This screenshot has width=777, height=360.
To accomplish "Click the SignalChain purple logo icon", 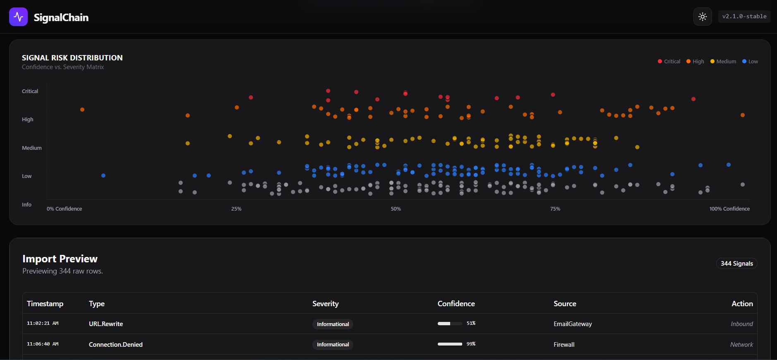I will (18, 17).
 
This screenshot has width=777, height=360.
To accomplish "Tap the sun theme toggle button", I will (703, 17).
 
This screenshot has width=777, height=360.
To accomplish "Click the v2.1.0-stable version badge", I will (744, 17).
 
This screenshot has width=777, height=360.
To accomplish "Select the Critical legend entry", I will (669, 62).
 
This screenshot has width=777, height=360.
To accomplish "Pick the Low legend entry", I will (750, 62).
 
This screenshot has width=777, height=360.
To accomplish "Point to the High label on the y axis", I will (28, 120).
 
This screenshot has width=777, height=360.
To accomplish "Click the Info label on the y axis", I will (26, 205).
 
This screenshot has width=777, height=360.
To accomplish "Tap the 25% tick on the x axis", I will (236, 209).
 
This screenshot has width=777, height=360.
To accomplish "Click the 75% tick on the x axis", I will (555, 209).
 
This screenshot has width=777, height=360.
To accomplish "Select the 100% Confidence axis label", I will (729, 209).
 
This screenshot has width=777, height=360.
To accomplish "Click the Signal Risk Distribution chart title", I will (72, 58).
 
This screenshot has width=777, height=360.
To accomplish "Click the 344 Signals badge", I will (736, 264).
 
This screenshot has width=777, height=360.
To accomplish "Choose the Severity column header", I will (326, 304).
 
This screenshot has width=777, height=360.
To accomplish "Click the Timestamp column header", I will (45, 304).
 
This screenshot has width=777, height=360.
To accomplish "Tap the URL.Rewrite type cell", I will (106, 324).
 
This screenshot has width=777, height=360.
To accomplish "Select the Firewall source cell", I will (564, 345).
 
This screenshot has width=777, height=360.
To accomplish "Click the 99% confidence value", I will (471, 344).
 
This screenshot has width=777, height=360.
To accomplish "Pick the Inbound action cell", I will (741, 324).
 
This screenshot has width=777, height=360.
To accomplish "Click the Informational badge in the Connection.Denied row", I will (333, 345).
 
